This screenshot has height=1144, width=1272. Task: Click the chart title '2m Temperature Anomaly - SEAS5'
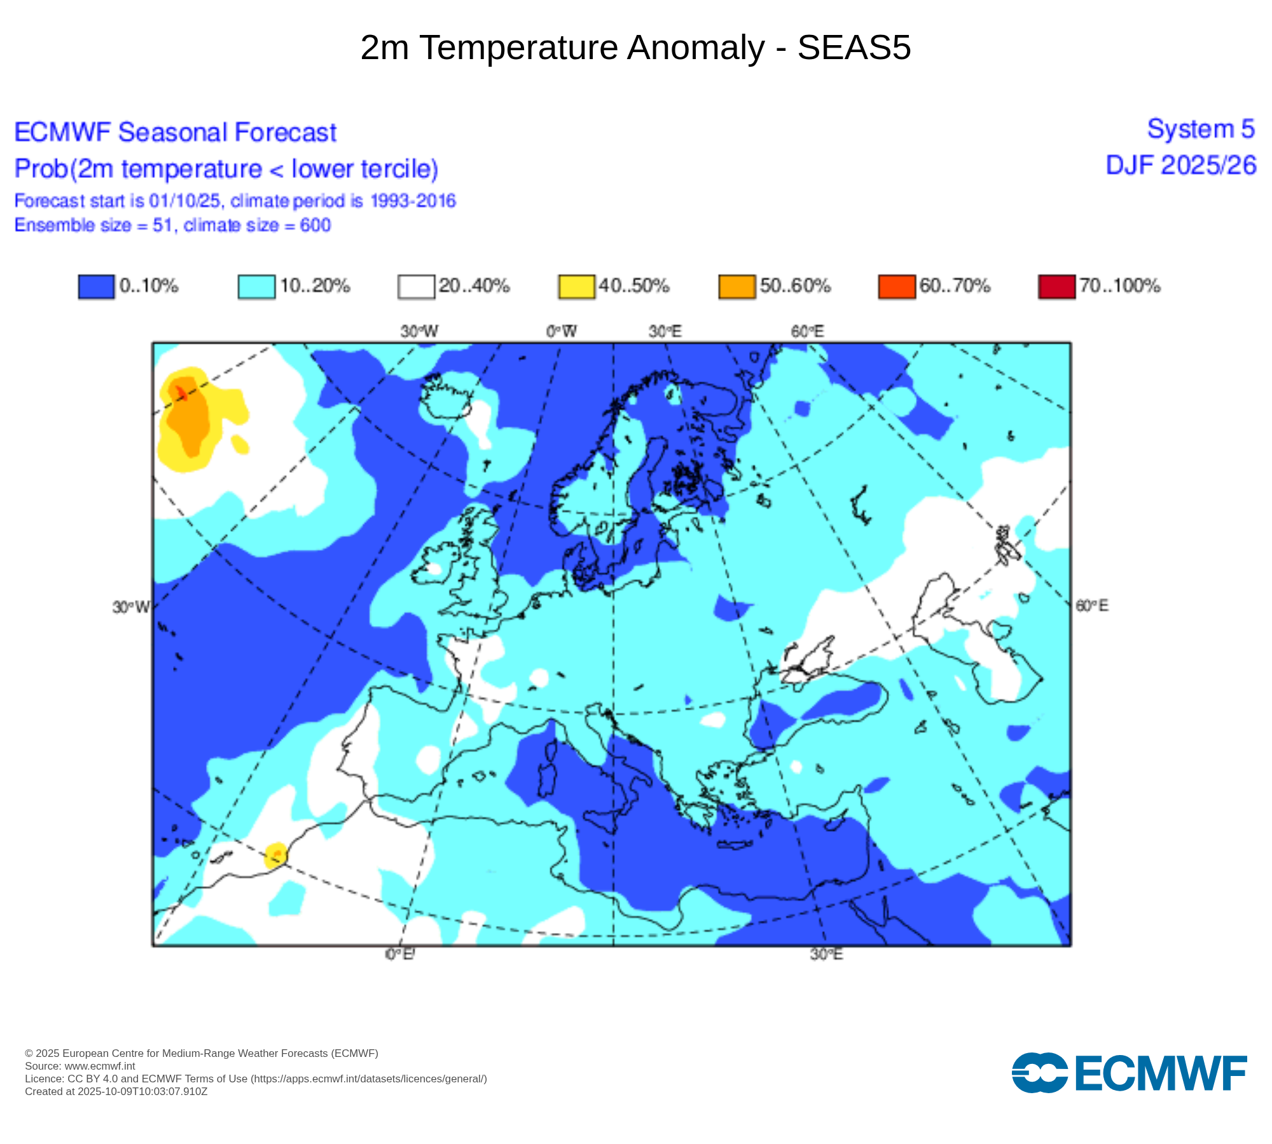coord(635,48)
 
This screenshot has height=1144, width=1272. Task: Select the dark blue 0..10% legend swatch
coord(96,286)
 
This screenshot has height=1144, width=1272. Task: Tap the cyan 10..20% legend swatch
coord(256,286)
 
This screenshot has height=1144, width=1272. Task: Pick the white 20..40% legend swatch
coord(416,286)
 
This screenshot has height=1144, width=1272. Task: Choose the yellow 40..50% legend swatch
coord(576,286)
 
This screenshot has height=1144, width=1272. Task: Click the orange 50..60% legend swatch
coord(736,286)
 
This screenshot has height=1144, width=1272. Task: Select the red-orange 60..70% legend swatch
coord(896,286)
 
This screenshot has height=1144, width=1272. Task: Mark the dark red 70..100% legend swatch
coord(1056,286)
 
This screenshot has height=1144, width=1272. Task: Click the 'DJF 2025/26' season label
coord(1181,165)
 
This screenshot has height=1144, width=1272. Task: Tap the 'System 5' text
coord(1201,129)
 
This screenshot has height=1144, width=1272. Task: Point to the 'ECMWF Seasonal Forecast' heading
coord(175,132)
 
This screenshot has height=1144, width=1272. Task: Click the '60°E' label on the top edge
coord(807,331)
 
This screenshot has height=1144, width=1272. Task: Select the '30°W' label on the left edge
coord(131,607)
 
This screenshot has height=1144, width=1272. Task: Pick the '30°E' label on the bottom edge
coord(826,954)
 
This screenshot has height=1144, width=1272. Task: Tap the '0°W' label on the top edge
coord(562,331)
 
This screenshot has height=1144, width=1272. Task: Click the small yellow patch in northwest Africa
coord(276,855)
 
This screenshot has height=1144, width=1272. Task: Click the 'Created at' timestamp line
coord(116,1091)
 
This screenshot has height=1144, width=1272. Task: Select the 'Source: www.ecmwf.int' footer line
coord(80,1066)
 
